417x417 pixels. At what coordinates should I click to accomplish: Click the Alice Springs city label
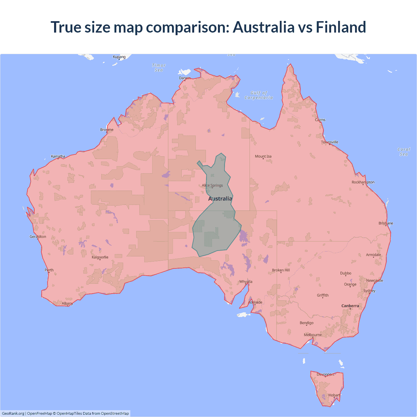(212, 185)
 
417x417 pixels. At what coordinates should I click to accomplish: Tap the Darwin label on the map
(185, 78)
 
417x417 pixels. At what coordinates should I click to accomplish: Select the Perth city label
(49, 270)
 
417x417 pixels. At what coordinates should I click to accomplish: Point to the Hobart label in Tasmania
(334, 395)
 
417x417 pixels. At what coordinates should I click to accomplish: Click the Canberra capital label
(350, 306)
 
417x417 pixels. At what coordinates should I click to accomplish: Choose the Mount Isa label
(263, 156)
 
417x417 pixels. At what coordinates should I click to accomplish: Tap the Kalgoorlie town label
(100, 257)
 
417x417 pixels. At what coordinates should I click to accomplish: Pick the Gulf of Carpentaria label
(259, 95)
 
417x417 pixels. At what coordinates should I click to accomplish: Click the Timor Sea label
(159, 68)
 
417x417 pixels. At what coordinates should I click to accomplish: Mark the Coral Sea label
(404, 152)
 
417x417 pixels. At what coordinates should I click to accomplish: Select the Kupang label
(119, 57)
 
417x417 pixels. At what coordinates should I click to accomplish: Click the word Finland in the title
(341, 27)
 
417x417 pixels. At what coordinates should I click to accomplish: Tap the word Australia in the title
(264, 27)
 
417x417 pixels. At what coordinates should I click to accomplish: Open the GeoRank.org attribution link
(13, 413)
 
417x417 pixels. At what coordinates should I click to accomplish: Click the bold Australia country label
(220, 199)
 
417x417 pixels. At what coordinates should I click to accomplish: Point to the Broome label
(107, 130)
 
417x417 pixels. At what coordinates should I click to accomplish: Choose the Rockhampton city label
(363, 182)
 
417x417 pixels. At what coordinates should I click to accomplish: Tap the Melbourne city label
(313, 335)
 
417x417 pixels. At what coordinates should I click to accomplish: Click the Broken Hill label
(281, 270)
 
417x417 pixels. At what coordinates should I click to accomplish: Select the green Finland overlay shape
(217, 228)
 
